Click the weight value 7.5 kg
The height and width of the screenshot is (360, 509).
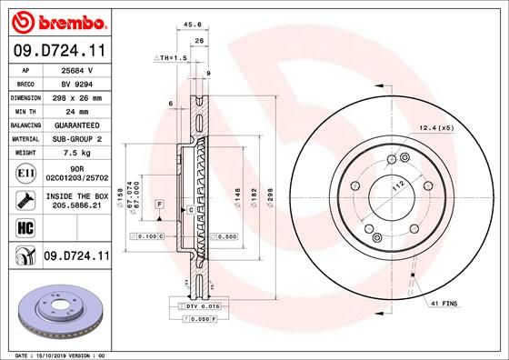pyautogui.click(x=74, y=154)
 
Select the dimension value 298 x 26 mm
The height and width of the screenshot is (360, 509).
pyautogui.click(x=74, y=96)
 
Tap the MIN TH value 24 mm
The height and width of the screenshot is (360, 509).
pyautogui.click(x=74, y=110)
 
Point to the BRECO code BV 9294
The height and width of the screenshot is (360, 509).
pyautogui.click(x=74, y=82)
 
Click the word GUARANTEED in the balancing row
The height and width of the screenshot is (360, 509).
pyautogui.click(x=74, y=125)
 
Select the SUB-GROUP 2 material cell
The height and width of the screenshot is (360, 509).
pyautogui.click(x=74, y=139)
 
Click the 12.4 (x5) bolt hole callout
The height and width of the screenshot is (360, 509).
pyautogui.click(x=435, y=128)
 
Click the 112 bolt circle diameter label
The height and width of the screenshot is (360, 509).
pyautogui.click(x=397, y=185)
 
